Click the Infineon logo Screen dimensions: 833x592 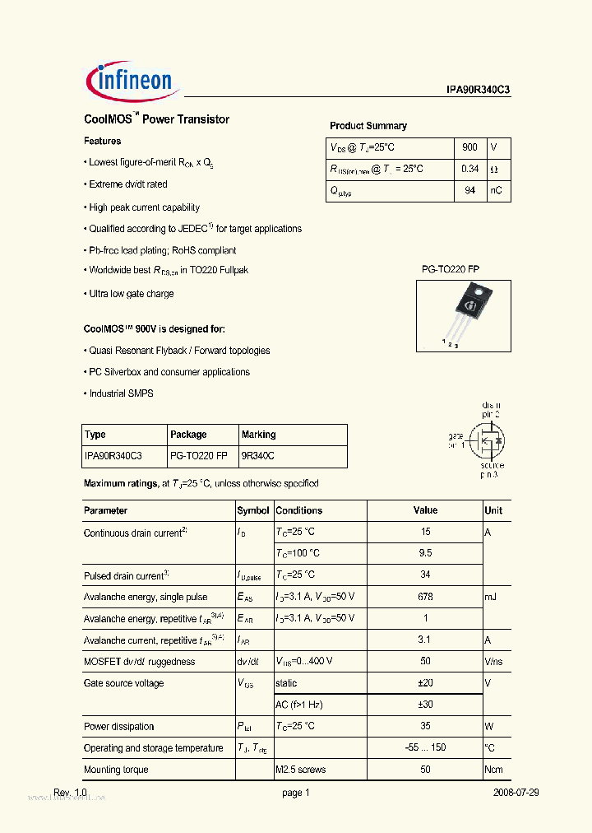coord(129,80)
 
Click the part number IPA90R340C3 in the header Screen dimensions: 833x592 coord(473,92)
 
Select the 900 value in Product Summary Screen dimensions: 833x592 coord(469,147)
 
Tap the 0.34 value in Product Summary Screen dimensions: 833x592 coord(469,169)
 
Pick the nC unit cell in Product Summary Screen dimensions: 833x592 coord(497,191)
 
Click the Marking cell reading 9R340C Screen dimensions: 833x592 coord(258,455)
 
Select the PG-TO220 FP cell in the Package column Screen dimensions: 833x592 coord(199,455)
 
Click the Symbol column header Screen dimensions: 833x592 coord(253,510)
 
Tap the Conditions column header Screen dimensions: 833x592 coord(299,510)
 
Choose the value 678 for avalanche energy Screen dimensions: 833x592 coord(425,597)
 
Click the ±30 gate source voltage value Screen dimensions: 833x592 coord(425,705)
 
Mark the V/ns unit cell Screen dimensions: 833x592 coord(494,662)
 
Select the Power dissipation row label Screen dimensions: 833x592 coord(119,727)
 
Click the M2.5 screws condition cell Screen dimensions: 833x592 coord(301,770)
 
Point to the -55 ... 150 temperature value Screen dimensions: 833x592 coord(425,748)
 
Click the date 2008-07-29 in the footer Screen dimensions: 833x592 coord(516,793)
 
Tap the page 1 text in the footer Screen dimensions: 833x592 coord(295,793)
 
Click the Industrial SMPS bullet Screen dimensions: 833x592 coord(120,393)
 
